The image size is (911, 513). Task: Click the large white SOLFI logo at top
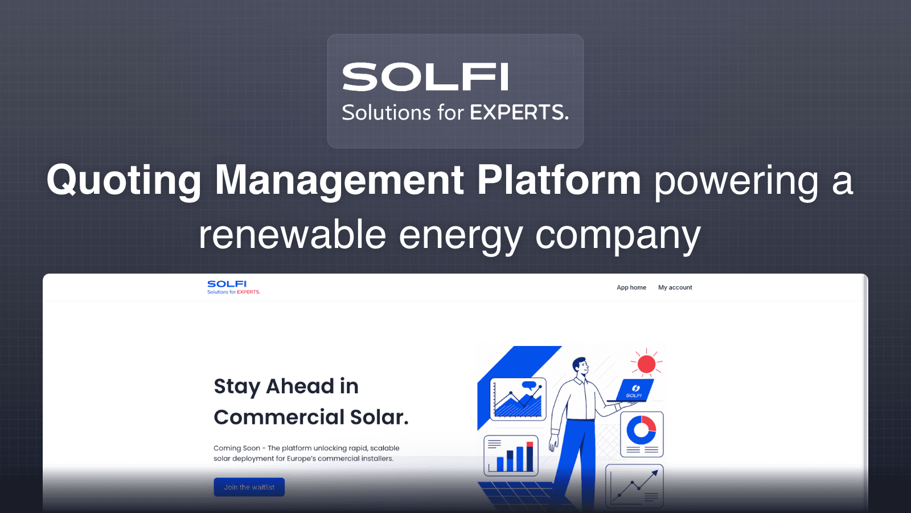[425, 78]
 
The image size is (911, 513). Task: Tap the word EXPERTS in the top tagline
[519, 112]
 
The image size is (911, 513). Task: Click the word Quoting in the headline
[124, 181]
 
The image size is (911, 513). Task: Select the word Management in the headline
[339, 181]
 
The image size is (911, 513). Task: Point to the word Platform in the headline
[559, 181]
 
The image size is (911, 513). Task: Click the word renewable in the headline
[292, 235]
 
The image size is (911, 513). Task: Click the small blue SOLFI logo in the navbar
[227, 284]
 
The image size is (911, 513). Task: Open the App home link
[631, 288]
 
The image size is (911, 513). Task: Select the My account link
[675, 288]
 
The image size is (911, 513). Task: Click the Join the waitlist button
[249, 487]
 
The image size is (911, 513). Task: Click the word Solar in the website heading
[379, 417]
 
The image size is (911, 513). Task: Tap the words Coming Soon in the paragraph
[236, 448]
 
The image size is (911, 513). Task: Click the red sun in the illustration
[646, 364]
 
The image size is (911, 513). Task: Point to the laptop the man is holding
[634, 390]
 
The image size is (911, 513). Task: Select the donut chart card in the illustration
[642, 434]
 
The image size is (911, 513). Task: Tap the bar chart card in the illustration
[511, 455]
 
